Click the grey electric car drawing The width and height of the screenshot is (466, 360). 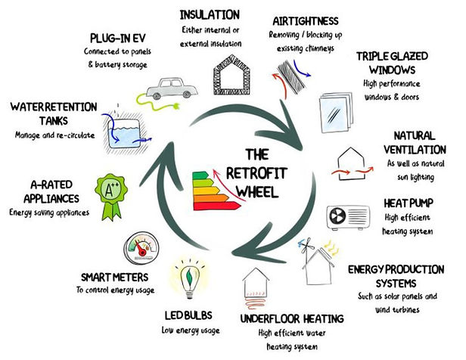point(172,88)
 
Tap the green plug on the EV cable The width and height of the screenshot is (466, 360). point(176,106)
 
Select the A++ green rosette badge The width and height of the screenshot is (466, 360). point(111,197)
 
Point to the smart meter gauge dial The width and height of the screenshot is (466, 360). point(141,248)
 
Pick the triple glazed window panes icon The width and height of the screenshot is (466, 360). point(336,112)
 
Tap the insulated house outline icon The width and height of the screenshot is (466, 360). point(231,75)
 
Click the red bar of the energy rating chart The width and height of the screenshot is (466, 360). point(217,206)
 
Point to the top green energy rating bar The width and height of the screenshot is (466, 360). point(200,175)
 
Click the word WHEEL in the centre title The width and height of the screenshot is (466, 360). point(257,191)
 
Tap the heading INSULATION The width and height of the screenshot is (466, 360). point(210,15)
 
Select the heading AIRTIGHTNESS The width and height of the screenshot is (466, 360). point(306,20)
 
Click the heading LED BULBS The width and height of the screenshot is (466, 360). point(188,315)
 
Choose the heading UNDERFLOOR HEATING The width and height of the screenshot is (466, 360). point(292,318)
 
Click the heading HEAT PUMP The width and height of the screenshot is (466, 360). point(409,203)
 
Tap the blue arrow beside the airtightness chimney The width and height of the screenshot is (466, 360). point(301,68)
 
